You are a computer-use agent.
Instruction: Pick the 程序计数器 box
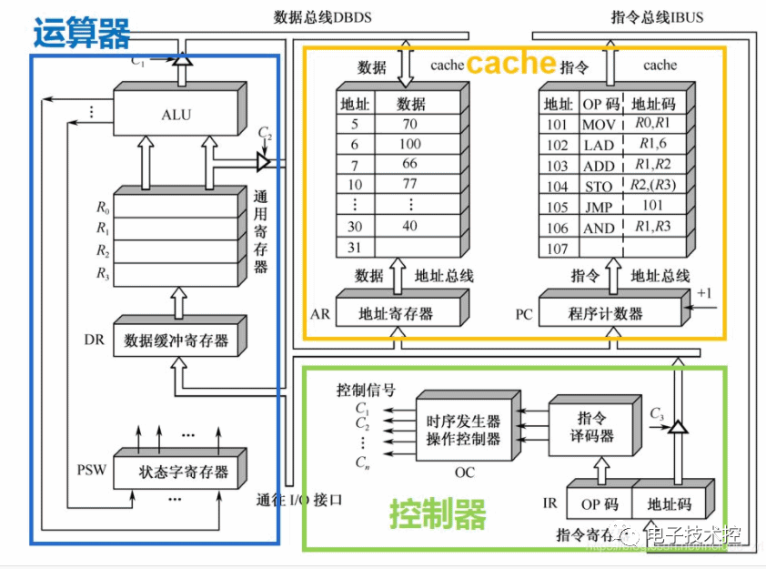[x=605, y=314]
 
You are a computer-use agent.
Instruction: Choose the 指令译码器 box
[x=596, y=427]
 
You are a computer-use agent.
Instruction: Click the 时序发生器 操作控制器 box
[x=464, y=430]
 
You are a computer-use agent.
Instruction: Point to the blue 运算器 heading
[x=82, y=33]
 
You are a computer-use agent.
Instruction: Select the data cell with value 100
[x=410, y=144]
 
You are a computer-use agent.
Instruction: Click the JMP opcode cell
[x=599, y=207]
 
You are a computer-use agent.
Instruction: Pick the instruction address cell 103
[x=558, y=165]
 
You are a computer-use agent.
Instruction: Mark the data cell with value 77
[x=410, y=186]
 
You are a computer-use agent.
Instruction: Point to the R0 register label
[x=102, y=207]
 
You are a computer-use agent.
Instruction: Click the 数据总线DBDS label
[x=322, y=17]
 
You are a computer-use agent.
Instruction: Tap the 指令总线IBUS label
[x=658, y=17]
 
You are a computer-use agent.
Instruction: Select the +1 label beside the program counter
[x=706, y=294]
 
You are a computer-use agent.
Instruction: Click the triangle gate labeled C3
[x=676, y=423]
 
